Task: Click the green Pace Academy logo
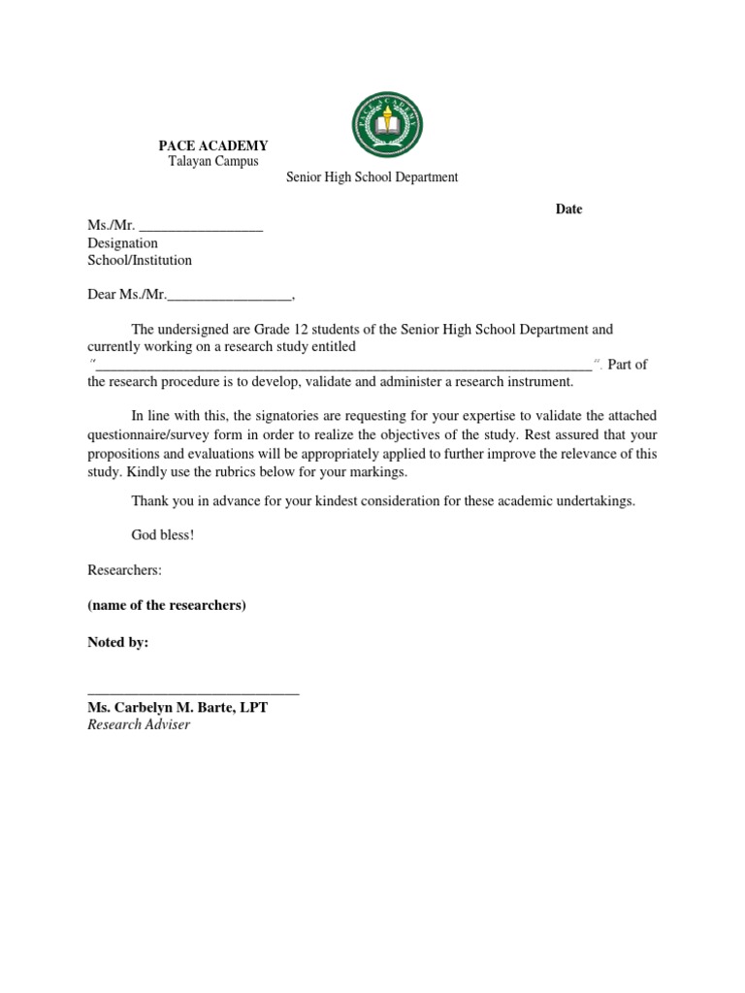tap(388, 125)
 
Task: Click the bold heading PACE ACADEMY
tap(213, 145)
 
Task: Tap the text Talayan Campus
tap(213, 161)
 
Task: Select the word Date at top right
tap(568, 209)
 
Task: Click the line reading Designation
tap(122, 243)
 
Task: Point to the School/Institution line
tap(140, 260)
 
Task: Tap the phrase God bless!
tap(163, 534)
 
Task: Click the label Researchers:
tap(124, 571)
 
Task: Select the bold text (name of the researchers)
tap(167, 606)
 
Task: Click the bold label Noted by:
tap(118, 643)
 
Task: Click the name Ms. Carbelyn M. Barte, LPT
tap(178, 708)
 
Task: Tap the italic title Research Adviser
tap(139, 724)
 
